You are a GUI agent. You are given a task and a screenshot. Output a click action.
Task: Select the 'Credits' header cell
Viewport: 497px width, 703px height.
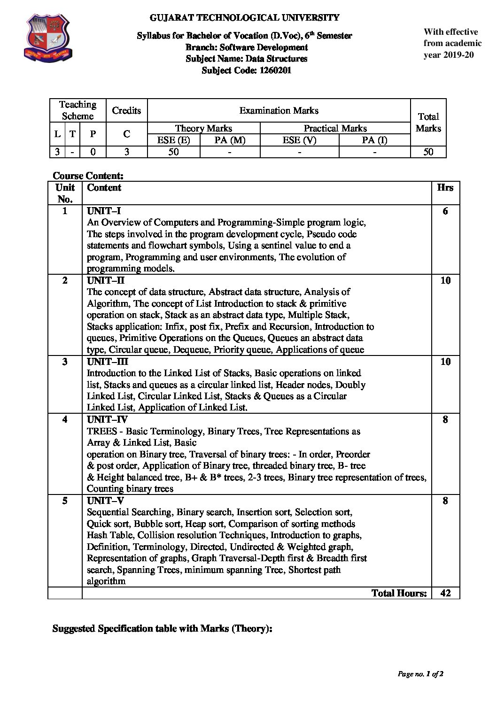pyautogui.click(x=126, y=110)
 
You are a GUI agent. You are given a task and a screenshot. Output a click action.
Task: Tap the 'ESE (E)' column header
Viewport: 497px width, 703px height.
pyautogui.click(x=173, y=140)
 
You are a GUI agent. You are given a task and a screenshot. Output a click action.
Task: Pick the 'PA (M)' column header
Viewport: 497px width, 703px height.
pyautogui.click(x=230, y=140)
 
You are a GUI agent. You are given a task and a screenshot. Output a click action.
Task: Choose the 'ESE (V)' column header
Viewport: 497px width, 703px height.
pyautogui.click(x=299, y=140)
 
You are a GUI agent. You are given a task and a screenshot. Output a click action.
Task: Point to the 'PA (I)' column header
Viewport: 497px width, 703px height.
pyautogui.click(x=374, y=140)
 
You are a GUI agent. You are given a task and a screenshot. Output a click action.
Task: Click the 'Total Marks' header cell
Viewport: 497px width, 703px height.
pyautogui.click(x=428, y=122)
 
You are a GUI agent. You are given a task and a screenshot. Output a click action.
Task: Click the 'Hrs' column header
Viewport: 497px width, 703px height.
pyautogui.click(x=445, y=187)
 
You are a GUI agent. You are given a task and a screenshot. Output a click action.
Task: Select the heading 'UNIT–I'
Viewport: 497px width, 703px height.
pyautogui.click(x=104, y=211)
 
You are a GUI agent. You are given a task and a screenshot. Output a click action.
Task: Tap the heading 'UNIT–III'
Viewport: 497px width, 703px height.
pyautogui.click(x=108, y=362)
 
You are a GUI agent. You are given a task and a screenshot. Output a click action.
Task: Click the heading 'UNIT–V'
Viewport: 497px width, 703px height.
pyautogui.click(x=106, y=501)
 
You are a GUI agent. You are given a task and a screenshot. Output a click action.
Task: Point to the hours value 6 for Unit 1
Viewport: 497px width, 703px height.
pyautogui.click(x=445, y=211)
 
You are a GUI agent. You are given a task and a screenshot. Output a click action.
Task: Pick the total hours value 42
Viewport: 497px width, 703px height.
pyautogui.click(x=445, y=593)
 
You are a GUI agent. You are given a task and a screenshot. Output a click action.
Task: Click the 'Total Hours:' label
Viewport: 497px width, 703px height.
pyautogui.click(x=399, y=593)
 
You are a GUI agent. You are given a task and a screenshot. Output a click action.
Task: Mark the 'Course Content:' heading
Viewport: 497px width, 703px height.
pyautogui.click(x=88, y=176)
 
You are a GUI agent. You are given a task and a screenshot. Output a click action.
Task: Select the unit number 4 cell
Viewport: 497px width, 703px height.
pyautogui.click(x=65, y=419)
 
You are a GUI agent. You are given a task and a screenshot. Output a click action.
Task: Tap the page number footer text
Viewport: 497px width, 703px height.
pyautogui.click(x=420, y=674)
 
